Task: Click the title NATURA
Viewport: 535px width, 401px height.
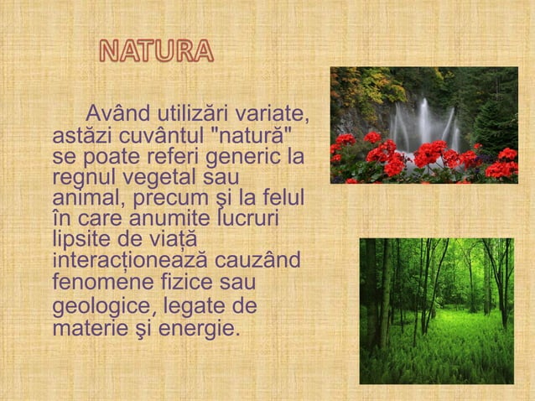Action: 156,51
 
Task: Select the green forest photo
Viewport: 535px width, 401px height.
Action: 436,310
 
